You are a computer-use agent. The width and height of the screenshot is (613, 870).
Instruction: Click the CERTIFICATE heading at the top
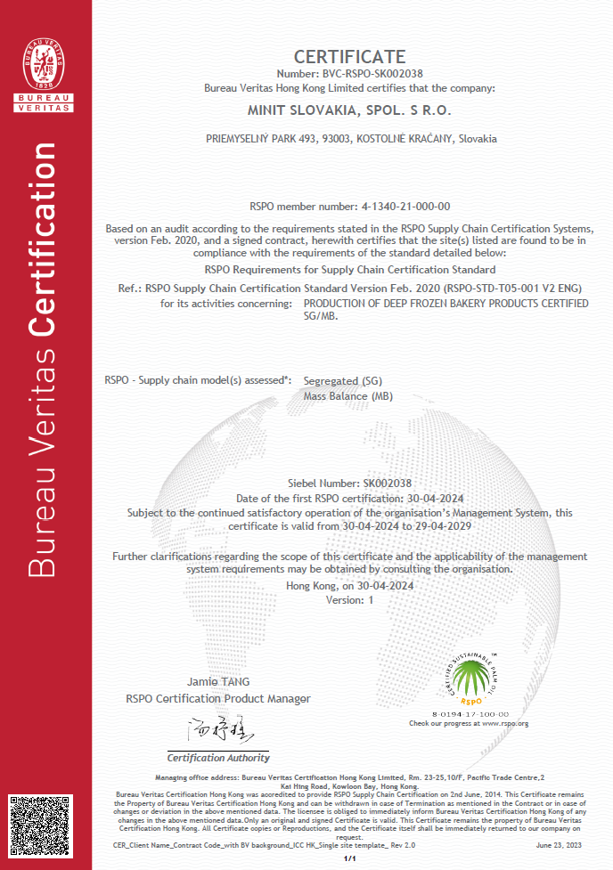349,57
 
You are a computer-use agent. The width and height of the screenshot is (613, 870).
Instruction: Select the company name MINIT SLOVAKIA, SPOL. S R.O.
349,111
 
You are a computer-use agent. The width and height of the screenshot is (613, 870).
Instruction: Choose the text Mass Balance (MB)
348,396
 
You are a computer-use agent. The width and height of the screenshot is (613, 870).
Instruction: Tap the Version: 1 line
350,600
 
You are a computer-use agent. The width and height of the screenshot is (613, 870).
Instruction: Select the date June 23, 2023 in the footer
560,844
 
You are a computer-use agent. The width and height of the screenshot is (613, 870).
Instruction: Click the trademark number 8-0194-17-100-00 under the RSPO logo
470,714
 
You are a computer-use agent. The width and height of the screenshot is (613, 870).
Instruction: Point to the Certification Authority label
218,758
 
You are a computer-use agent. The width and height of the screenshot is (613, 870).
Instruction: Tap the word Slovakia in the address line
478,139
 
